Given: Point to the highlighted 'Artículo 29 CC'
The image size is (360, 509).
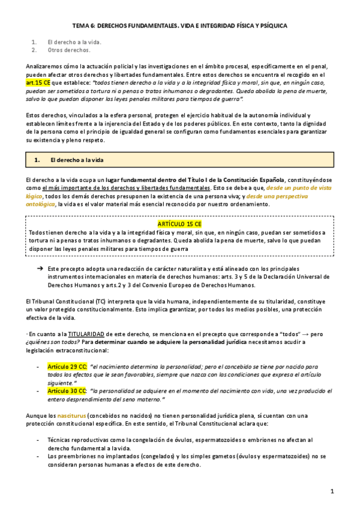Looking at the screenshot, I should [x=68, y=366].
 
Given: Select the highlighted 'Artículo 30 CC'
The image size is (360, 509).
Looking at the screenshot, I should [x=68, y=390].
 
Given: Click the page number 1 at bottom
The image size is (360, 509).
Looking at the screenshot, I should [x=332, y=491].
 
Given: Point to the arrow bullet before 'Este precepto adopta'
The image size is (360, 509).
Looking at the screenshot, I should [x=40, y=268].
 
